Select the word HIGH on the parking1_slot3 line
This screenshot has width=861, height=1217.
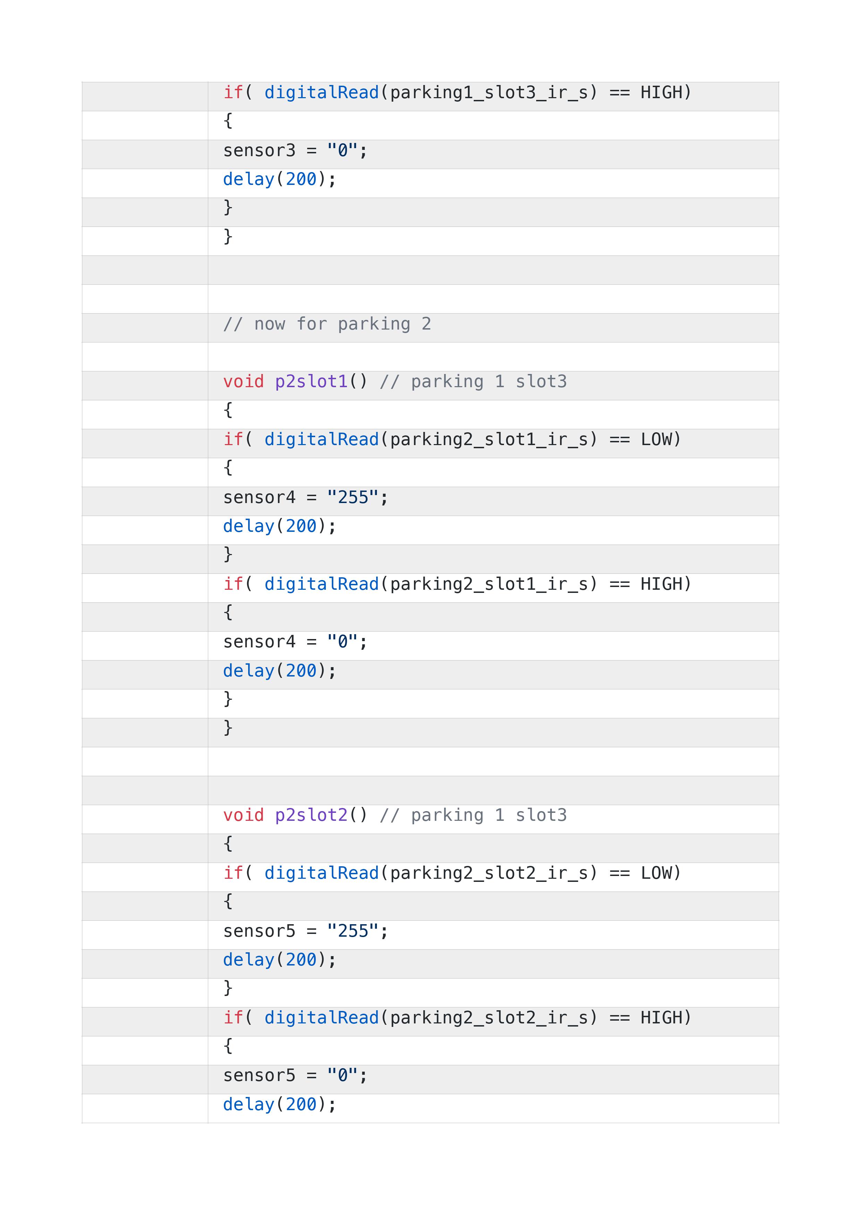click(x=661, y=93)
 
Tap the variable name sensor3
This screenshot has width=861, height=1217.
click(x=259, y=151)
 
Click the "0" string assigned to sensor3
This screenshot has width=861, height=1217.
click(x=343, y=151)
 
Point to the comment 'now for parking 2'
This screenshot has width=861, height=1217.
click(x=327, y=324)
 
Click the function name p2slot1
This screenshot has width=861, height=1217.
click(x=311, y=382)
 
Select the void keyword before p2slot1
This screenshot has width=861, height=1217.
click(x=243, y=382)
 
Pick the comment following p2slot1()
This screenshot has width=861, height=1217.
click(x=473, y=382)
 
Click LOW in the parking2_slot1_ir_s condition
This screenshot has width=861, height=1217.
click(x=656, y=440)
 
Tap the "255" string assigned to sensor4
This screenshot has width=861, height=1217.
click(x=353, y=497)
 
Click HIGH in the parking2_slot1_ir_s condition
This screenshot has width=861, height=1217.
click(x=661, y=584)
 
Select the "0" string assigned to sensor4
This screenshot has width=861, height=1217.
click(x=343, y=642)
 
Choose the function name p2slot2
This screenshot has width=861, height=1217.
click(x=311, y=815)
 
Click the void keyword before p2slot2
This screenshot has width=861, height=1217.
click(x=243, y=815)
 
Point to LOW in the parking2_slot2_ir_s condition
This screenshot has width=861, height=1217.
click(x=656, y=873)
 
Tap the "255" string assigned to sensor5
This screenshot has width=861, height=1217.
click(x=353, y=931)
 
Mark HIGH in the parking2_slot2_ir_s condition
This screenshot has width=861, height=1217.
click(x=661, y=1018)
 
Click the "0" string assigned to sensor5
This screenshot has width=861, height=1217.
click(x=343, y=1075)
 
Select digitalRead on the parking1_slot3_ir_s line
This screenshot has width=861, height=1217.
click(x=322, y=93)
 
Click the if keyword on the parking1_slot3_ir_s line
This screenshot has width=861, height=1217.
click(x=233, y=93)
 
